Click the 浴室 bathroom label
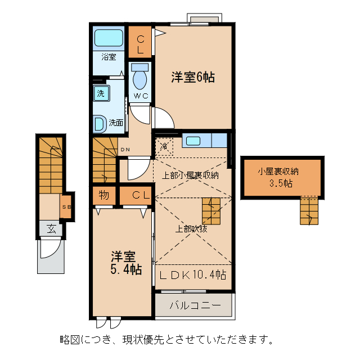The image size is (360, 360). tap(109, 57)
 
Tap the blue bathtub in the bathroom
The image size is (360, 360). tap(109, 38)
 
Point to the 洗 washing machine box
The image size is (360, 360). tap(100, 94)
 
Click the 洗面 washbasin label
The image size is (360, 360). tap(116, 122)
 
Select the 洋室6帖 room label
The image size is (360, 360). tap(193, 78)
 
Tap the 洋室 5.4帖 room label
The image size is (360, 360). tap(125, 263)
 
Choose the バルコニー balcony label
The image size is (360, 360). tap(193, 307)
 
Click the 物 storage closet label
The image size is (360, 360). tap(104, 195)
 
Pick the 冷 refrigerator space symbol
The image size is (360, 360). tap(165, 146)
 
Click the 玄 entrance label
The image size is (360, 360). tap(51, 228)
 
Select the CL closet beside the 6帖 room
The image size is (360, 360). tap(141, 43)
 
